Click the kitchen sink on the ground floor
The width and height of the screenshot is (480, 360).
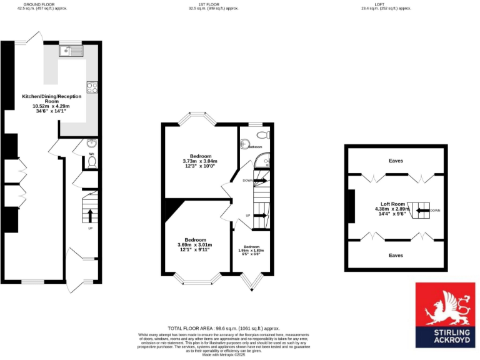pos(66,52)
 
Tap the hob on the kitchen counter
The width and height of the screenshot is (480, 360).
pos(92,87)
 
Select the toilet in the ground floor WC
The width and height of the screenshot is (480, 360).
pos(91,161)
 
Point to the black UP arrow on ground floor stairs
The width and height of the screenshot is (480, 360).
pos(89,216)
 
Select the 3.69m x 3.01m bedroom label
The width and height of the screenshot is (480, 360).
pos(195,244)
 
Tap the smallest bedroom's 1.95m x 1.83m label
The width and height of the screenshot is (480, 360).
pos(251,249)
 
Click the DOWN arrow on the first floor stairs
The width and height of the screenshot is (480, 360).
pos(261,180)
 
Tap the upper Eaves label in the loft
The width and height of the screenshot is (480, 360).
pos(396,161)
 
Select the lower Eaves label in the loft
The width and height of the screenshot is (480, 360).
pos(396,255)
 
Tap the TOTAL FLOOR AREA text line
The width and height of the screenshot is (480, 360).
pos(223,328)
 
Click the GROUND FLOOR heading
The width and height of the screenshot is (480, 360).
pos(37,4)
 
